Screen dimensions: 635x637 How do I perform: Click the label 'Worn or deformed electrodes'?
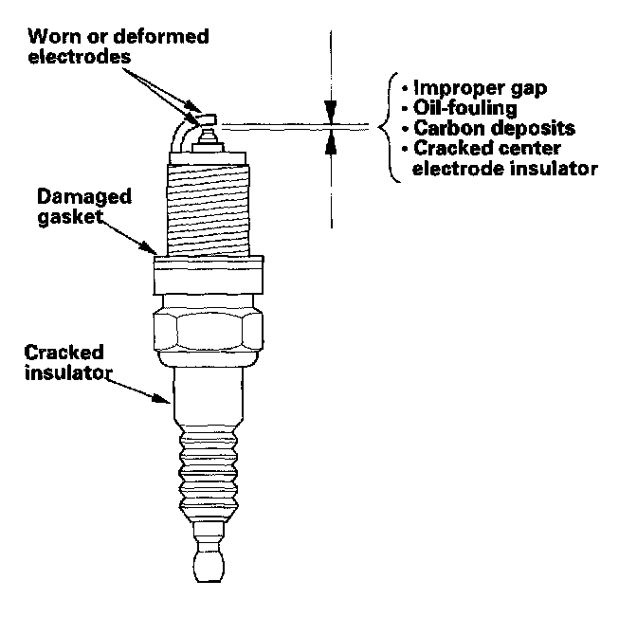click(x=118, y=46)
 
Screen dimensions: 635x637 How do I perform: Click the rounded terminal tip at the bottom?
click(x=208, y=565)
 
